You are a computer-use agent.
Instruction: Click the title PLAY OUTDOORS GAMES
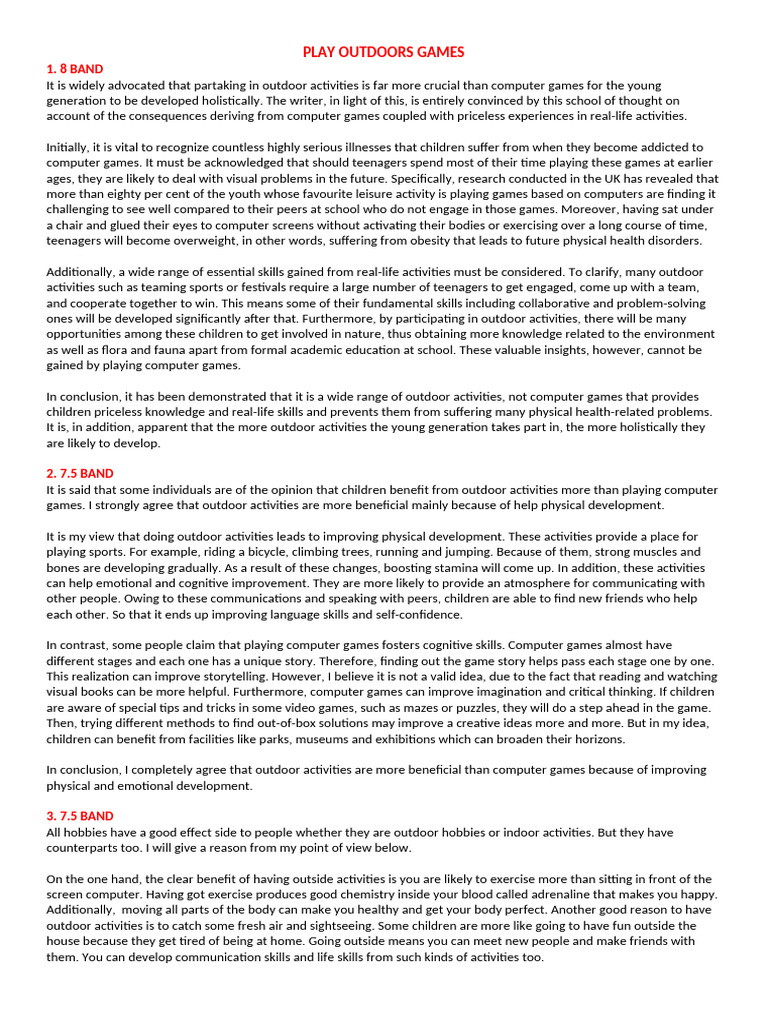tap(384, 52)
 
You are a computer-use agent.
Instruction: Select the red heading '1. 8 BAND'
tap(75, 69)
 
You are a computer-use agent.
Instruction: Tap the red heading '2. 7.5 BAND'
tap(80, 473)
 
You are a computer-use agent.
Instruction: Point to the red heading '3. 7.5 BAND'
tap(80, 816)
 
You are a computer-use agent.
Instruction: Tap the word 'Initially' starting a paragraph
tap(70, 147)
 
